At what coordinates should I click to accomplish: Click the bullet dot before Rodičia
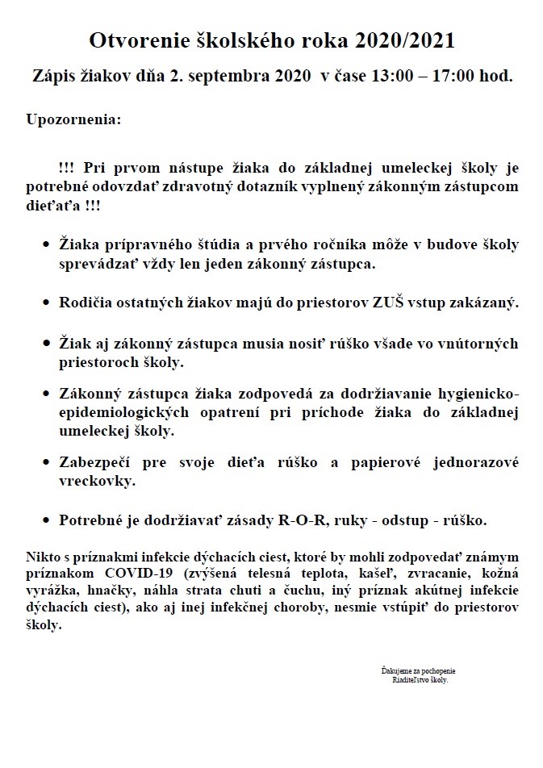click(46, 303)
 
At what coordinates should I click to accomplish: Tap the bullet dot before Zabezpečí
click(46, 463)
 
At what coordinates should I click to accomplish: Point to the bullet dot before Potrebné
click(46, 520)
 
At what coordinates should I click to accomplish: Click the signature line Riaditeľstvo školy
click(418, 680)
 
